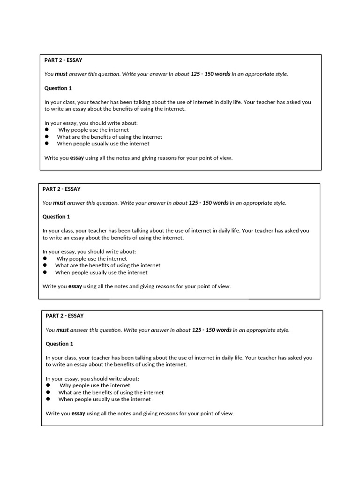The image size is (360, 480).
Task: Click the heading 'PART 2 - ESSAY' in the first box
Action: [x=63, y=60]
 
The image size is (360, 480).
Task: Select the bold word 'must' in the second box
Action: [x=59, y=203]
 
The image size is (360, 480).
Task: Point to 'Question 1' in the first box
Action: [x=58, y=88]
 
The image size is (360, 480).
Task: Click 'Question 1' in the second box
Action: [x=56, y=217]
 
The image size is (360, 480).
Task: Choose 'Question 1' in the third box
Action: [x=60, y=344]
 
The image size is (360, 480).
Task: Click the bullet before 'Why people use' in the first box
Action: [x=47, y=130]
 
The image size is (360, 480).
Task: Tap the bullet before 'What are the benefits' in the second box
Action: [x=45, y=265]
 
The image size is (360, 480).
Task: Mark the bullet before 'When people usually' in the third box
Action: [x=48, y=399]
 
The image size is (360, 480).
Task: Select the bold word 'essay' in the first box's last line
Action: [x=77, y=158]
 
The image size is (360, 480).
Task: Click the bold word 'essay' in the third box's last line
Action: [x=78, y=413]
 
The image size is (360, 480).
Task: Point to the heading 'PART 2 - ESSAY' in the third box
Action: [x=65, y=316]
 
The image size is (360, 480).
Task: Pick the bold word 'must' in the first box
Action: [x=61, y=74]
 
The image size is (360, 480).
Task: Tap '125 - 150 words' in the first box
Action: [x=210, y=74]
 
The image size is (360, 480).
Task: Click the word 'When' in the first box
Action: [x=64, y=144]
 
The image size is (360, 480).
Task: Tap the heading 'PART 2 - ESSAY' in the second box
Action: [x=61, y=189]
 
